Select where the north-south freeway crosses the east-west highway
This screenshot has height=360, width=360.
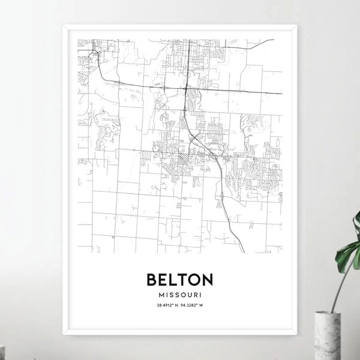coord(187,88)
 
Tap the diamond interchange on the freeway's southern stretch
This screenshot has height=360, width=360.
coord(223,194)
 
